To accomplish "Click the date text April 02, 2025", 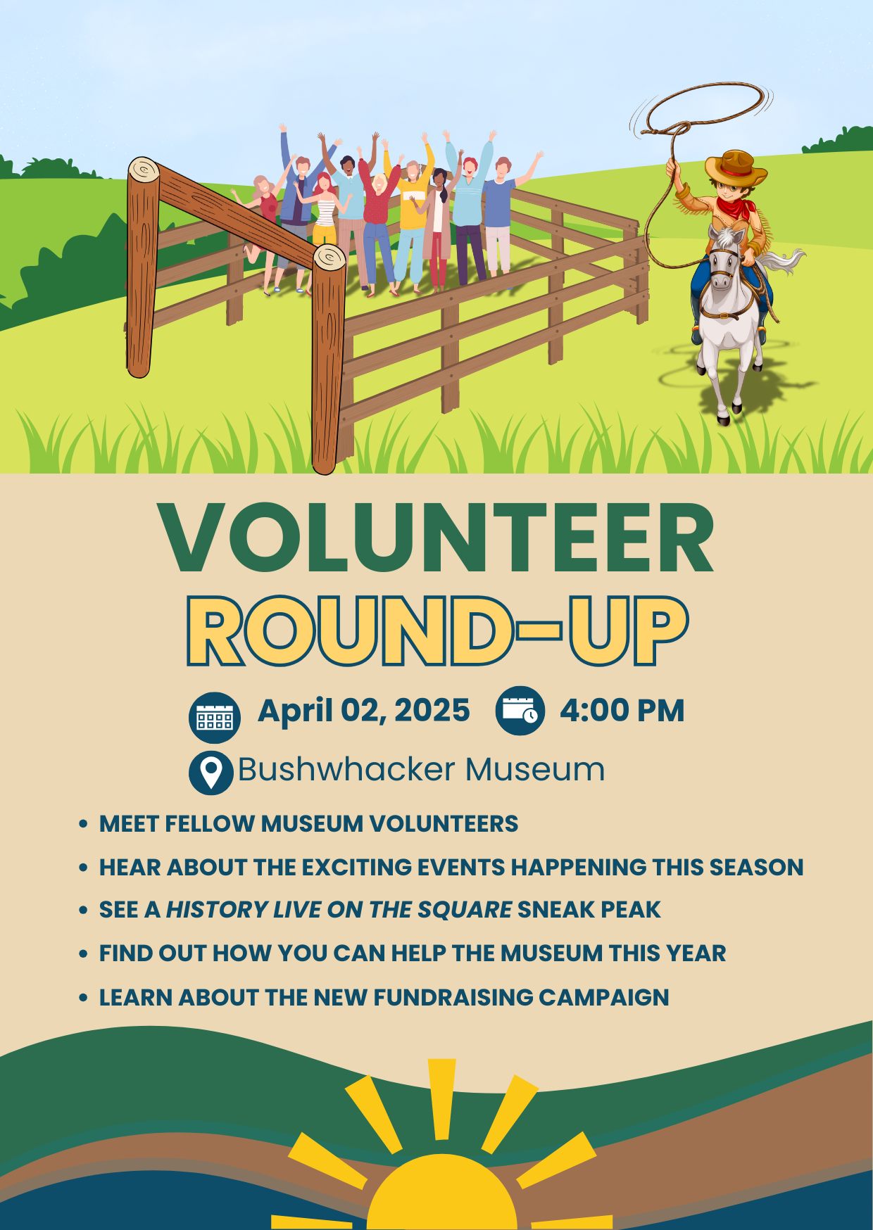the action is pos(363,711).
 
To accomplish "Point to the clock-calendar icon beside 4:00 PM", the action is pos(520,710).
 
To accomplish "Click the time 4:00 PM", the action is pos(622,711).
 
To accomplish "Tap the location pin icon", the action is pos(211,773).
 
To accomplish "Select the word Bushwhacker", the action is pos(345,769).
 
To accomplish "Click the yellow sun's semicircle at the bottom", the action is pos(441,1196).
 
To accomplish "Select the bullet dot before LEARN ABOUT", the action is pos(84,998).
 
